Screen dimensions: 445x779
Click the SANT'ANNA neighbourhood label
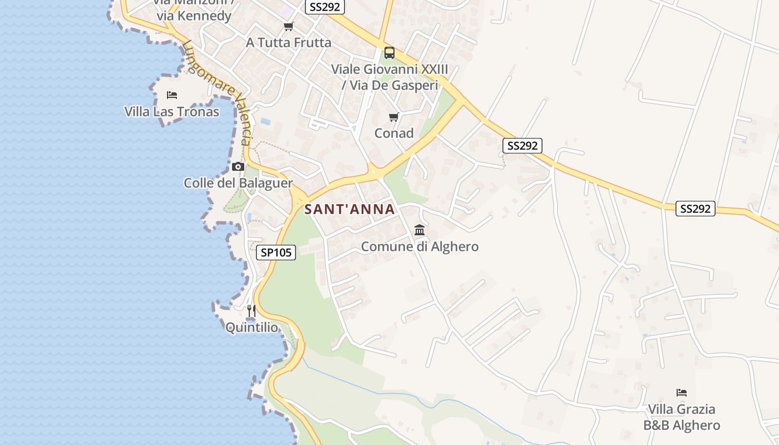(349, 210)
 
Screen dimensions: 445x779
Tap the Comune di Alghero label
(420, 246)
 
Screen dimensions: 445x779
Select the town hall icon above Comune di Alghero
(420, 230)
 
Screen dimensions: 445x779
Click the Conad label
(394, 133)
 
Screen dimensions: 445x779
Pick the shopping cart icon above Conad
(394, 117)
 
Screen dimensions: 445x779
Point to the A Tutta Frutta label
(289, 43)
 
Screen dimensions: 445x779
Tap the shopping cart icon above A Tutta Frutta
(288, 26)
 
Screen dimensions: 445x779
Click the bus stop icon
(389, 53)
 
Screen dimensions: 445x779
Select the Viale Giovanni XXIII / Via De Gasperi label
(389, 77)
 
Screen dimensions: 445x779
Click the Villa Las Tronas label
(171, 112)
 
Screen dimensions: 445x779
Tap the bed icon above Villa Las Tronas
(172, 95)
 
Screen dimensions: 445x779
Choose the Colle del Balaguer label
(238, 183)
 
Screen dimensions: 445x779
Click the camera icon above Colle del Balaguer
(238, 166)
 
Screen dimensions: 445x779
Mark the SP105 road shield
(277, 253)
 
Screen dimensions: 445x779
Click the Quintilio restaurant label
(252, 328)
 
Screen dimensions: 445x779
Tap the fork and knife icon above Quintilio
(252, 310)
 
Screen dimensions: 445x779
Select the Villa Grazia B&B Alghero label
(682, 417)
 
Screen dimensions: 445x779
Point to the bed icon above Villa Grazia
(682, 393)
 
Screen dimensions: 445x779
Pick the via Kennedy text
(194, 16)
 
